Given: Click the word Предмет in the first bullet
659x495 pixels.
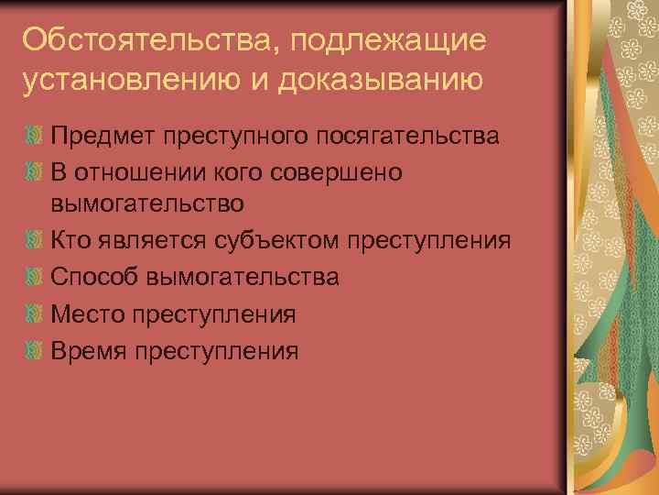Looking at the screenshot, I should click(x=103, y=137).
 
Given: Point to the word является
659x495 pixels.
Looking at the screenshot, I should click(x=156, y=241).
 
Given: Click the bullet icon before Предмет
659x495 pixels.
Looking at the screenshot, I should click(x=34, y=137).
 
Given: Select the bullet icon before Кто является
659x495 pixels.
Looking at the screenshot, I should click(x=34, y=241).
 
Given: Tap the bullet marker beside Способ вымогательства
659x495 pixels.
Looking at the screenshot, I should click(x=34, y=277).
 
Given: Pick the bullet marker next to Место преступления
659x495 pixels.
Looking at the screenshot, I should click(x=34, y=313).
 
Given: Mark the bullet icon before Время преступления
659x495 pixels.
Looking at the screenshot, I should click(x=34, y=349).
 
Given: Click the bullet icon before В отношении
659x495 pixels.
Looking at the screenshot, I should click(x=34, y=171).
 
